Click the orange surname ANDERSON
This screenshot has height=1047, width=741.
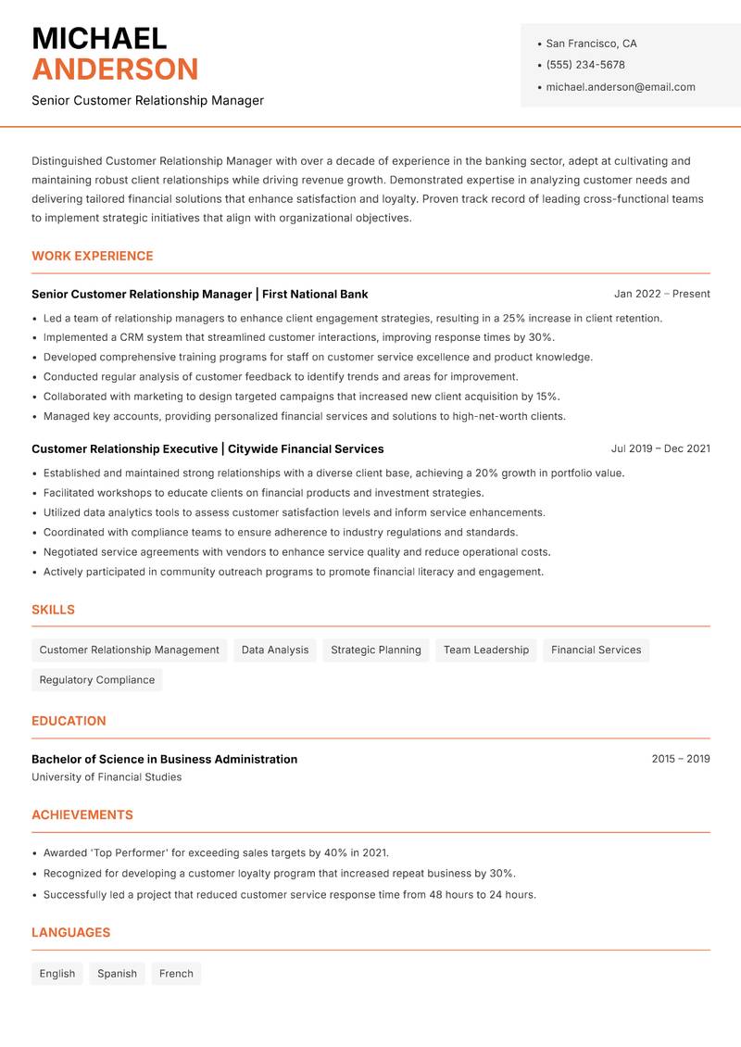pyautogui.click(x=115, y=69)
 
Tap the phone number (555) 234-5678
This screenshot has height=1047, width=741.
pyautogui.click(x=585, y=65)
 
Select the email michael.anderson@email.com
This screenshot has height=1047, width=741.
pyautogui.click(x=621, y=87)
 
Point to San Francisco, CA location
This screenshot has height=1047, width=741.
pyautogui.click(x=591, y=44)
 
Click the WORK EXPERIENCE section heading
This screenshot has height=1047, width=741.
pyautogui.click(x=93, y=256)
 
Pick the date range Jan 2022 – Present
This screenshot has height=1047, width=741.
pyautogui.click(x=661, y=294)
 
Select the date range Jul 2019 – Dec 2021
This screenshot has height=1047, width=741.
pyautogui.click(x=660, y=448)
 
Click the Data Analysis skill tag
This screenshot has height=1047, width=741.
pyautogui.click(x=275, y=650)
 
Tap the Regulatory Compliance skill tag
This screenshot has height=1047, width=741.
pyautogui.click(x=97, y=680)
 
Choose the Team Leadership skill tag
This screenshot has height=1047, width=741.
pyautogui.click(x=486, y=650)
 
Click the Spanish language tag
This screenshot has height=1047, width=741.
pyautogui.click(x=118, y=974)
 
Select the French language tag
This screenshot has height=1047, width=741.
pyautogui.click(x=176, y=974)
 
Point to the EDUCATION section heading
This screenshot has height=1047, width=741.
pyautogui.click(x=69, y=721)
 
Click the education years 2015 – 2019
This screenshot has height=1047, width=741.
pyautogui.click(x=680, y=759)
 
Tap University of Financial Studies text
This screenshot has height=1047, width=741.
pyautogui.click(x=107, y=777)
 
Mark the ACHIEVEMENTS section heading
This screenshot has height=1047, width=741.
pyautogui.click(x=82, y=815)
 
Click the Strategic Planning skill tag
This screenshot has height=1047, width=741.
pyautogui.click(x=376, y=650)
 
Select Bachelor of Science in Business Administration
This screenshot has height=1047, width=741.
pyautogui.click(x=165, y=759)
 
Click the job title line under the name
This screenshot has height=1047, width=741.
pyautogui.click(x=147, y=100)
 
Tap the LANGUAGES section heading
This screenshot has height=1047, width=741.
pyautogui.click(x=70, y=933)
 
